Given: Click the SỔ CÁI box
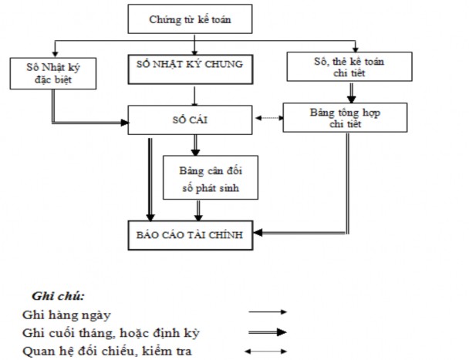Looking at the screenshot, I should pos(189,121).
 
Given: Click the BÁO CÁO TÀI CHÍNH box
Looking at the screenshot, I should pos(191,235).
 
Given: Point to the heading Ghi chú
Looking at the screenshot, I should pos(59,296).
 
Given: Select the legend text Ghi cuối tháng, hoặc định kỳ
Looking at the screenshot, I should pos(101,333).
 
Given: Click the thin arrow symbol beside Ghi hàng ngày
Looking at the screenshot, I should pos(267,312).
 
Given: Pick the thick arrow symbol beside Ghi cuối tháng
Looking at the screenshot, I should pos(267,332).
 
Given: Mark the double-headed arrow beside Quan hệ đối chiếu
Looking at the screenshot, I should pos(267,351).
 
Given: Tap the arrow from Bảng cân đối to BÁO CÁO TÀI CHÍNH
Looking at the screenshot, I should pos(198,209).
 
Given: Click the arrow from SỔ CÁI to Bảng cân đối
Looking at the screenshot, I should pos(195,145).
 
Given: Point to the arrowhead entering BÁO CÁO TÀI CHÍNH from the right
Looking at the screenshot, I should pos(260,232).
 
